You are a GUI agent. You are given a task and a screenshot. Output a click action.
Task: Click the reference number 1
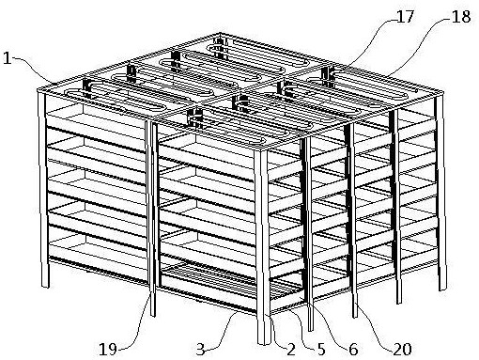pyautogui.click(x=7, y=58)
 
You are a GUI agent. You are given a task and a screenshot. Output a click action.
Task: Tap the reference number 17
pyautogui.click(x=406, y=16)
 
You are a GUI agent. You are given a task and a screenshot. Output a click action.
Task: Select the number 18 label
pyautogui.click(x=461, y=17)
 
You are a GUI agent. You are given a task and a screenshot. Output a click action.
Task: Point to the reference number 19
pyautogui.click(x=108, y=349)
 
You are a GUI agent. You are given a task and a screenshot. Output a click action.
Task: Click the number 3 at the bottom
pyautogui.click(x=200, y=350)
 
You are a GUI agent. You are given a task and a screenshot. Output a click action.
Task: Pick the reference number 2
pyautogui.click(x=291, y=350)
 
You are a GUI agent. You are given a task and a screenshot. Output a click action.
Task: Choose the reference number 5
pyautogui.click(x=321, y=350)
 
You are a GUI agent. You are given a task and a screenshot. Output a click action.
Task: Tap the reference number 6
pyautogui.click(x=353, y=350)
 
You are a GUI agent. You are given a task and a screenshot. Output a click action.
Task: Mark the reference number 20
pyautogui.click(x=402, y=350)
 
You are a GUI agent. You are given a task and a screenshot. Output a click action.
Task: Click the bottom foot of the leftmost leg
pyautogui.click(x=46, y=285)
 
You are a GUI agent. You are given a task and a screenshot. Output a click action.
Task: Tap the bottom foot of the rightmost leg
pyautogui.click(x=442, y=288)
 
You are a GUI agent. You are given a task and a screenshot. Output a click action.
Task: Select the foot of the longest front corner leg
pyautogui.click(x=264, y=341)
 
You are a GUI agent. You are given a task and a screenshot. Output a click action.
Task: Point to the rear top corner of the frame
pyautogui.click(x=220, y=34)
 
